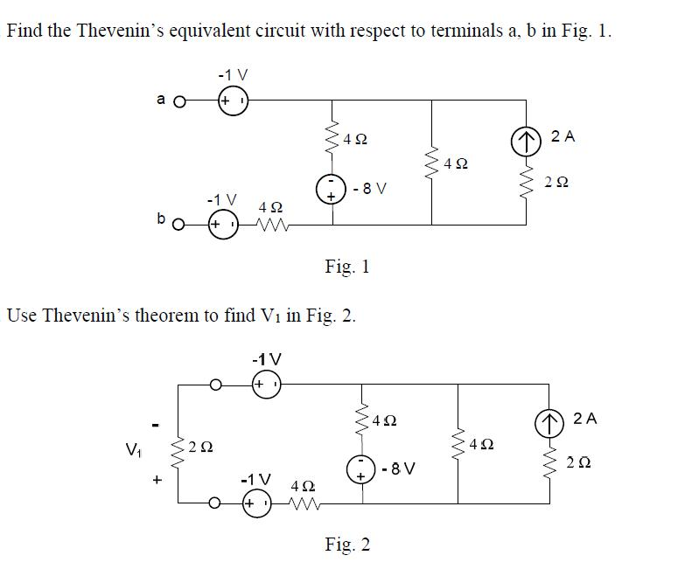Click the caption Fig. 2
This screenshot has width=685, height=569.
346,545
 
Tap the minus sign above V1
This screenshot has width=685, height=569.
155,426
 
